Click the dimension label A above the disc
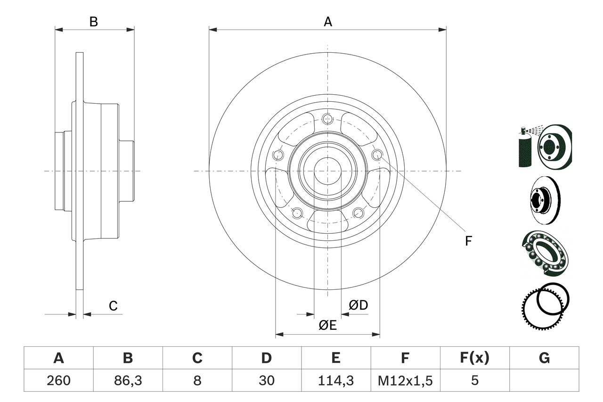327,22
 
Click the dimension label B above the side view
94,22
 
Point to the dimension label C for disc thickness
113,306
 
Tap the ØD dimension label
358,305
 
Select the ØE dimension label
327,325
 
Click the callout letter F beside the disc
468,241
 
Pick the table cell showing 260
58,380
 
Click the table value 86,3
128,380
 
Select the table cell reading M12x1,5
405,380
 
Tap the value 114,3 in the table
336,380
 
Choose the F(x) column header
474,358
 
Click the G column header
544,358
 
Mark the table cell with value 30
267,380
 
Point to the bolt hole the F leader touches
377,155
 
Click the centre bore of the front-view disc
328,171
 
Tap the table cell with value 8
197,380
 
